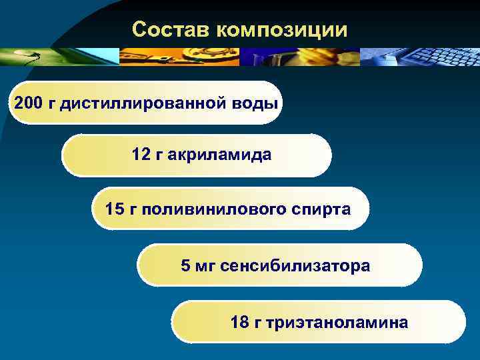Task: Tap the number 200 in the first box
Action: [x=27, y=103]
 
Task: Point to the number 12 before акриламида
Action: [x=141, y=155]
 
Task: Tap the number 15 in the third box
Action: [x=114, y=209]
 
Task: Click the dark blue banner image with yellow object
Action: [x=300, y=57]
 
